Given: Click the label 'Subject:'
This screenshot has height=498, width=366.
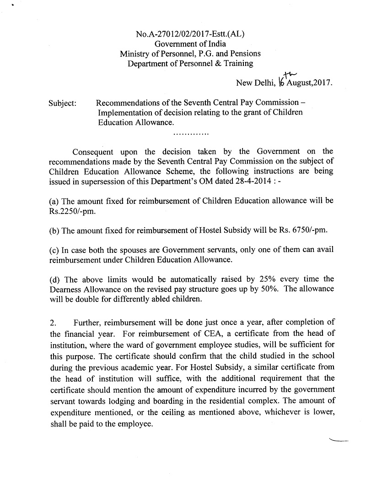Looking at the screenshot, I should [x=62, y=103].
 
